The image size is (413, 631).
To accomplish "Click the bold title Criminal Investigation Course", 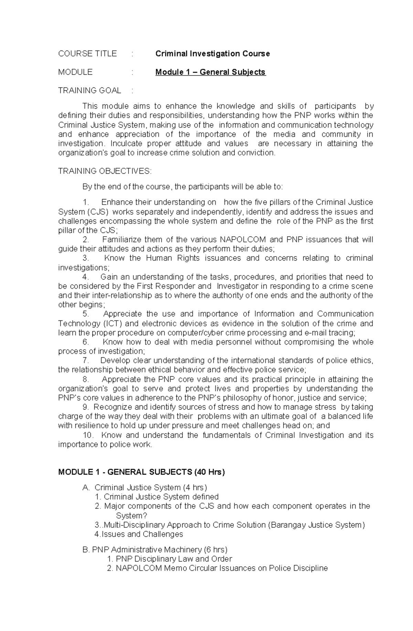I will tap(212, 54).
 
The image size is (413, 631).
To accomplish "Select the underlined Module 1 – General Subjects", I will tap(210, 72).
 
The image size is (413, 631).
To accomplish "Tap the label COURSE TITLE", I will tap(87, 54).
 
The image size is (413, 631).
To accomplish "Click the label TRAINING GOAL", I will tap(89, 90).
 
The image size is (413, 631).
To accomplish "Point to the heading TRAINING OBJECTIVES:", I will tap(105, 171).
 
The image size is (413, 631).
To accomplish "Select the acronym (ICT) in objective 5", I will tap(112, 323).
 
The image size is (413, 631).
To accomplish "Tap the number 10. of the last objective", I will tap(88, 435).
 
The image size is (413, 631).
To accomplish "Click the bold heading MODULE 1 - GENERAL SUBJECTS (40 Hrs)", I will tap(141, 472).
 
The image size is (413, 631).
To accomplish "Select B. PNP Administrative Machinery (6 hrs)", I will tap(155, 550).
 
